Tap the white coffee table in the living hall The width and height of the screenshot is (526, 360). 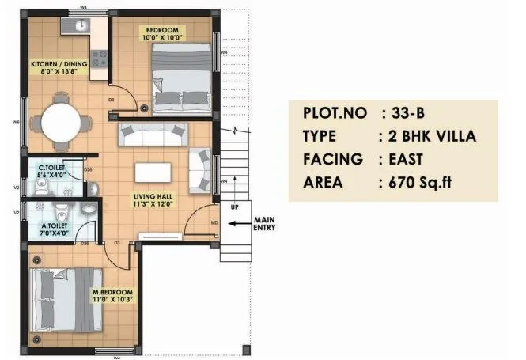(x=153, y=173)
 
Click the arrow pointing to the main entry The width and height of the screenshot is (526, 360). (x=239, y=224)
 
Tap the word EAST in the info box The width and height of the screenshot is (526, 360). (x=410, y=159)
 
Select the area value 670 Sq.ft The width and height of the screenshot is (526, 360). (x=423, y=183)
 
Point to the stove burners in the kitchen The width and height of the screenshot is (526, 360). (x=99, y=59)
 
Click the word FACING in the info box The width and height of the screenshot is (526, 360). (x=333, y=159)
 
